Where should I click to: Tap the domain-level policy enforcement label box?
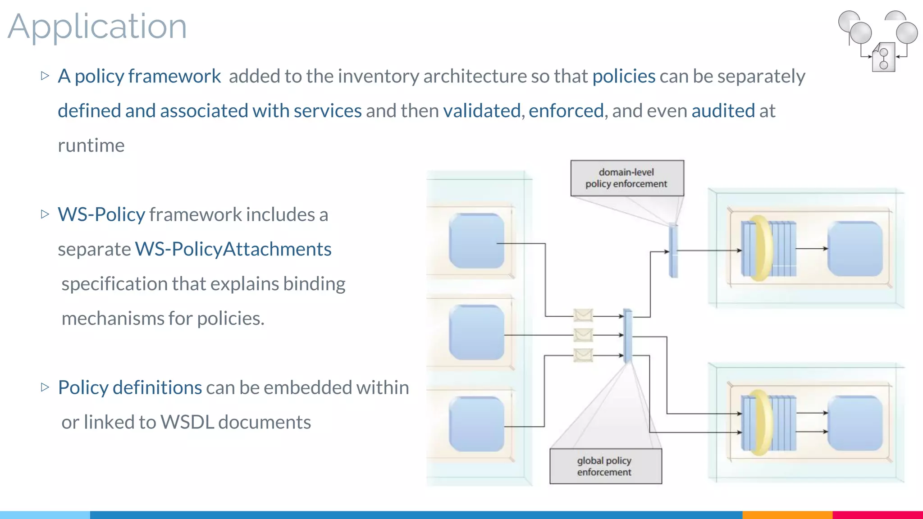pos(627,178)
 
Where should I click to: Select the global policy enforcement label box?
pos(605,466)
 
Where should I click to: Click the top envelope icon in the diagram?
pos(583,315)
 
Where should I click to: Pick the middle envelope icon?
pos(583,335)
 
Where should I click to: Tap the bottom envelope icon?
pos(583,355)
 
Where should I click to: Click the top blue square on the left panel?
pos(476,241)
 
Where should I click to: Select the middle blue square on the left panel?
pos(476,332)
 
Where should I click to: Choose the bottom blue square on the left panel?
pos(476,423)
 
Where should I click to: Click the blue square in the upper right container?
pos(855,249)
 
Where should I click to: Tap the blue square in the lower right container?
pos(855,423)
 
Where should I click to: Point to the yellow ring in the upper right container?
pos(760,248)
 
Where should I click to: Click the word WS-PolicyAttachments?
pos(233,249)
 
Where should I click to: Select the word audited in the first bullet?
pos(723,111)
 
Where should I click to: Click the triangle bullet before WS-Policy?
pos(45,214)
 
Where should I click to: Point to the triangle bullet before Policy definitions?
pos(45,387)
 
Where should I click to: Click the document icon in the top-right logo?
pos(883,58)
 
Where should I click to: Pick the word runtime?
pos(91,146)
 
